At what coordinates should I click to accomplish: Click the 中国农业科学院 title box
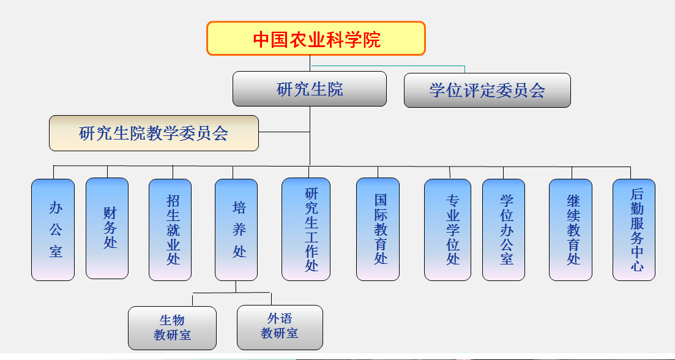(x=316, y=39)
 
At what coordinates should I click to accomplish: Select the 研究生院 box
(x=310, y=89)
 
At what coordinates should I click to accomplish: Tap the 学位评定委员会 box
(x=487, y=91)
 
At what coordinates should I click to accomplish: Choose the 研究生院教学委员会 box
(x=154, y=133)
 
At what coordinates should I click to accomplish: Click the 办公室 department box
(x=53, y=230)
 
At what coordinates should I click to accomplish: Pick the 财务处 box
(x=107, y=228)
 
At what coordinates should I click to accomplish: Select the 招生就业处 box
(x=170, y=230)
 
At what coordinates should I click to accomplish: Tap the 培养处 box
(x=236, y=230)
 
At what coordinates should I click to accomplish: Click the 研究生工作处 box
(x=306, y=230)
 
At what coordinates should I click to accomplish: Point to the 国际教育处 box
(x=378, y=230)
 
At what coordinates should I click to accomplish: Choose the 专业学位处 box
(x=448, y=230)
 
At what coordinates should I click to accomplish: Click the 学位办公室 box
(x=504, y=230)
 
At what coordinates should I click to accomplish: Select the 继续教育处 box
(x=571, y=230)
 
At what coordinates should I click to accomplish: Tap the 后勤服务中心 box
(x=634, y=230)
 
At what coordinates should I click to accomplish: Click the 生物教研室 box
(x=172, y=328)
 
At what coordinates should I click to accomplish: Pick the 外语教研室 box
(x=280, y=328)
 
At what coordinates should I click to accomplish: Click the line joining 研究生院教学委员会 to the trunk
(x=284, y=132)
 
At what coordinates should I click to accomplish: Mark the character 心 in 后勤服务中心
(x=637, y=266)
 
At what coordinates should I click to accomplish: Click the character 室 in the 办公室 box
(x=56, y=251)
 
